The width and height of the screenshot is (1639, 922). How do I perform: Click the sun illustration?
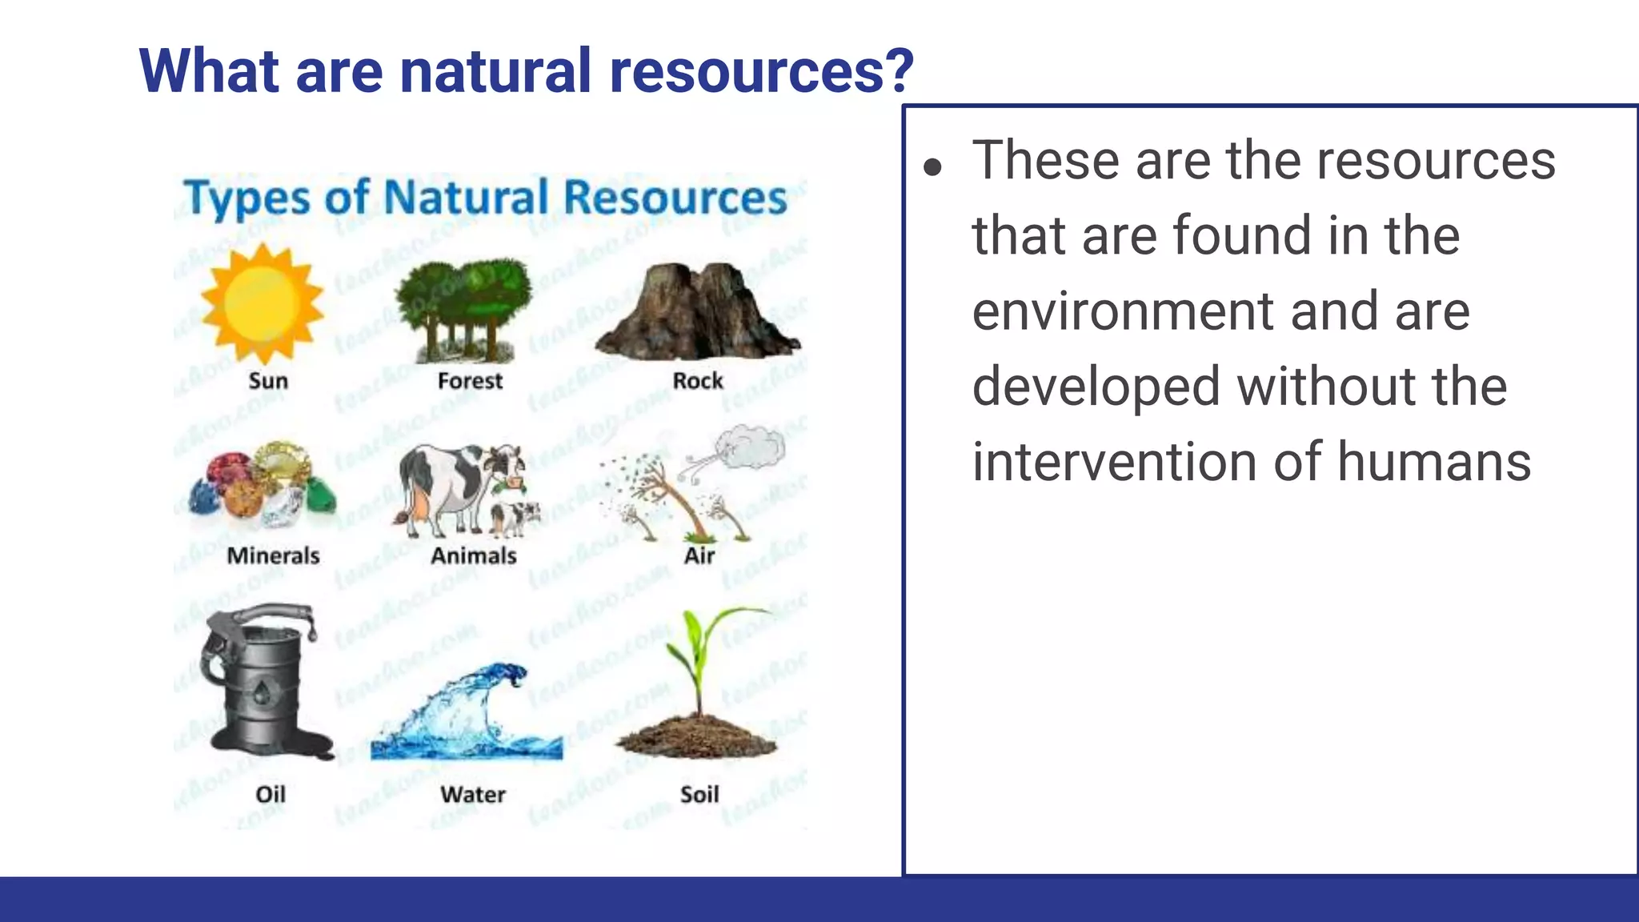click(x=262, y=304)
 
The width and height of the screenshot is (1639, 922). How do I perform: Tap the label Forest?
click(x=470, y=381)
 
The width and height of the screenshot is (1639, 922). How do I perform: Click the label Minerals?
click(x=273, y=555)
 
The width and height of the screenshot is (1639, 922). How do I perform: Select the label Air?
click(x=699, y=555)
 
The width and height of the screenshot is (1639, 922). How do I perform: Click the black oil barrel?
click(x=260, y=680)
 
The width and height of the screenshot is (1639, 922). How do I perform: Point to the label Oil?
click(x=270, y=794)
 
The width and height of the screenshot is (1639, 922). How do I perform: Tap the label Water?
click(x=472, y=794)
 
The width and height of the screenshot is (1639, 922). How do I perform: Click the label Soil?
click(x=699, y=794)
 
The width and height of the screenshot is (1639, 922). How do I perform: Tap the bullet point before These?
click(x=932, y=167)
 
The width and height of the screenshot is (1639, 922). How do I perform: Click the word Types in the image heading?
click(x=246, y=198)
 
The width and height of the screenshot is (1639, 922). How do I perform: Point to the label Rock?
click(x=697, y=381)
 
